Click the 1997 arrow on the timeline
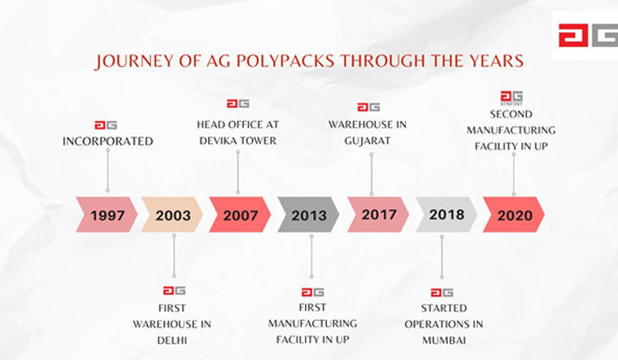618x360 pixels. pyautogui.click(x=107, y=215)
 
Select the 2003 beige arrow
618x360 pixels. pyautogui.click(x=172, y=215)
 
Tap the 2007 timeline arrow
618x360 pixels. pyautogui.click(x=240, y=215)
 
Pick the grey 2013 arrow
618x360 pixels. pyautogui.click(x=308, y=215)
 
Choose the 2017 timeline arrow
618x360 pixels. pyautogui.click(x=378, y=215)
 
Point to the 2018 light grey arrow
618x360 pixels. pyautogui.click(x=446, y=215)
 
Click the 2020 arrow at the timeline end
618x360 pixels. pyautogui.click(x=514, y=215)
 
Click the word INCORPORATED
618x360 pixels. pyautogui.click(x=107, y=141)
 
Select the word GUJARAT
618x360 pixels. pyautogui.click(x=368, y=141)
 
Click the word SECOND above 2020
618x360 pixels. pyautogui.click(x=511, y=115)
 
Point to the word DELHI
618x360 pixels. pyautogui.click(x=172, y=340)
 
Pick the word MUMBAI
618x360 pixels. pyautogui.click(x=444, y=340)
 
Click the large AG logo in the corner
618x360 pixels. pyautogui.click(x=588, y=36)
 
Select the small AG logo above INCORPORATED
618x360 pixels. pyautogui.click(x=106, y=125)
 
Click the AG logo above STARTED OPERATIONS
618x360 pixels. pyautogui.click(x=442, y=293)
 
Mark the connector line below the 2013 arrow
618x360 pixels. pyautogui.click(x=311, y=257)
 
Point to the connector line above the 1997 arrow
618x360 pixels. pyautogui.click(x=107, y=171)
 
